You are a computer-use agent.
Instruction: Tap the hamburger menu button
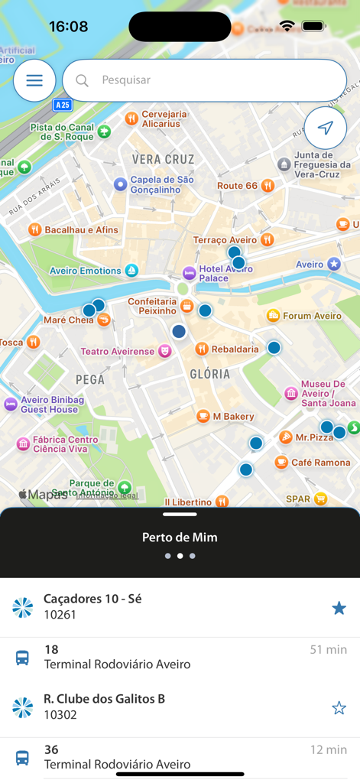[x=34, y=80]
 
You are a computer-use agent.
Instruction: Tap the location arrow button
[x=325, y=128]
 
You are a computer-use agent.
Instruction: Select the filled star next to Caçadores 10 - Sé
[x=339, y=608]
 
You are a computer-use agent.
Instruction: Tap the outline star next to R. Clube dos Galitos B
[x=339, y=708]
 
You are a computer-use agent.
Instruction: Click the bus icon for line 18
[x=23, y=658]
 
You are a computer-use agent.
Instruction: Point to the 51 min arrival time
[x=328, y=650]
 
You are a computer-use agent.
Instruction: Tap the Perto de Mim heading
[x=180, y=538]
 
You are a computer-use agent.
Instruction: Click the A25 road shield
[x=63, y=105]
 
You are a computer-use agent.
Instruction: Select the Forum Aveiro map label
[x=312, y=316]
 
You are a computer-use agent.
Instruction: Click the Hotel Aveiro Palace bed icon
[x=188, y=273]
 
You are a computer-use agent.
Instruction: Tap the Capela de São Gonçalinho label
[x=161, y=185]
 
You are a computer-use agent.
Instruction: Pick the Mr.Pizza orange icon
[x=285, y=437]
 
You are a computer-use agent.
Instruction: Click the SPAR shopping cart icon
[x=320, y=499]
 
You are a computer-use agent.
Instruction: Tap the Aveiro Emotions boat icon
[x=131, y=271]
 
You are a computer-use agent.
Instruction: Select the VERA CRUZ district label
[x=163, y=159]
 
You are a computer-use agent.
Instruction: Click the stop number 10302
[x=60, y=715]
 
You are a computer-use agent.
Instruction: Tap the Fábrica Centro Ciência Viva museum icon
[x=23, y=444]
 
